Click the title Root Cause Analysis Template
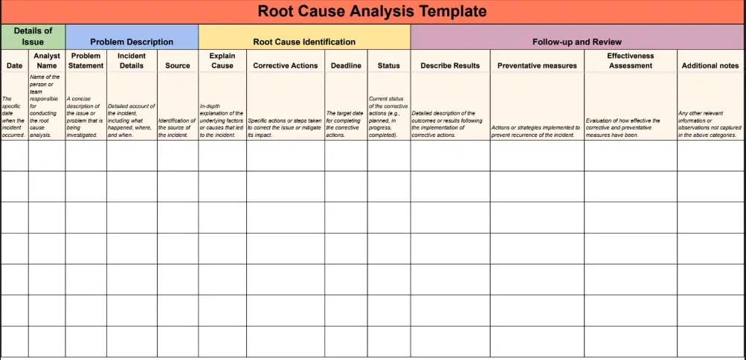[372, 11]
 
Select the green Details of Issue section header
[33, 36]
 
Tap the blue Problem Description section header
[132, 42]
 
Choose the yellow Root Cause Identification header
[304, 42]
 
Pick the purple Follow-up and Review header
[576, 42]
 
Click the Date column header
[14, 65]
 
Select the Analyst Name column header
[46, 60]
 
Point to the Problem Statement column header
[86, 60]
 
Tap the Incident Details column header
[132, 60]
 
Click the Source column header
[177, 65]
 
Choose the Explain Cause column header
[222, 60]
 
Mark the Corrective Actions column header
[285, 65]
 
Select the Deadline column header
[346, 65]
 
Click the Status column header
[388, 65]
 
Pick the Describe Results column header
[450, 65]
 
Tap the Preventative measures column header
[537, 65]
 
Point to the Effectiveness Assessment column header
[630, 60]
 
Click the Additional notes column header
[710, 65]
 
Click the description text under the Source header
[177, 127]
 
